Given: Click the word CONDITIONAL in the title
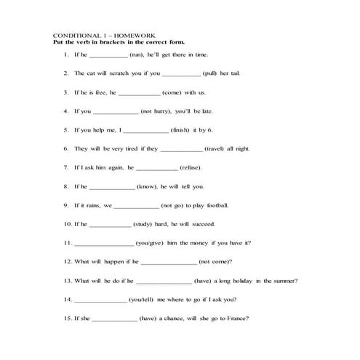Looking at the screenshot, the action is point(76,36).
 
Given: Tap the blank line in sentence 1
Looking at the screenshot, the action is point(107,55).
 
